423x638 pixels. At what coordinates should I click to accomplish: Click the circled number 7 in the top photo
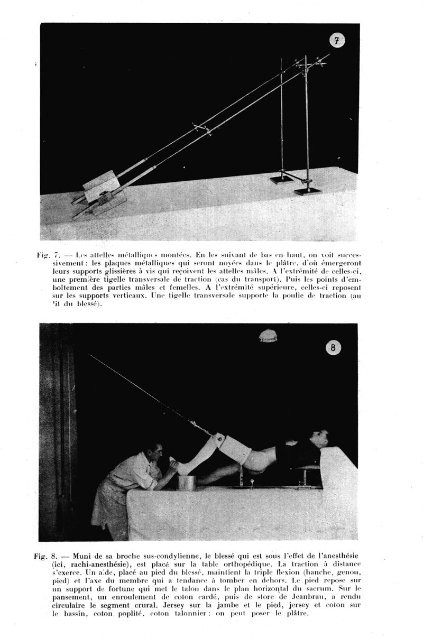tap(337, 40)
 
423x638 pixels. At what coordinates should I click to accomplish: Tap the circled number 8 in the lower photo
tap(333, 347)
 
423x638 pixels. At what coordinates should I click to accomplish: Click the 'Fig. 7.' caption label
tap(49, 255)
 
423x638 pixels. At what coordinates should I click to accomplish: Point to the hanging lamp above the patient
tap(268, 335)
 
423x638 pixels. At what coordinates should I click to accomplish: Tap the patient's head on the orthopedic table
tap(319, 439)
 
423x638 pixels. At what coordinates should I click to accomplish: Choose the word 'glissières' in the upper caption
tap(119, 272)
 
